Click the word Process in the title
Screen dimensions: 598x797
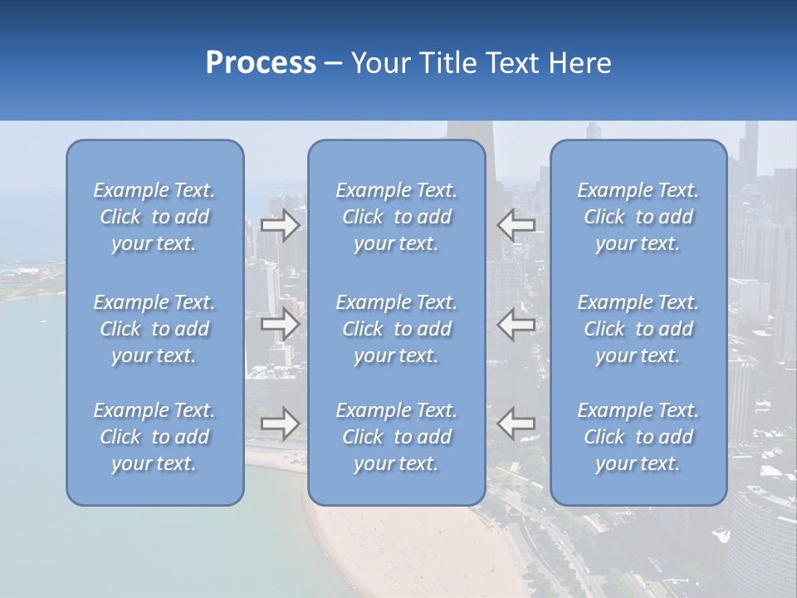pos(261,63)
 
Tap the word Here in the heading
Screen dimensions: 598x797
pos(580,63)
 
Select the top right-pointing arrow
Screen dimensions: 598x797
pos(281,225)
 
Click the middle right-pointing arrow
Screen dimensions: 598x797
pos(281,323)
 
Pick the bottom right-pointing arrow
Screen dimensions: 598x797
pos(281,423)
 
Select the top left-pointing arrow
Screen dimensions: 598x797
pos(516,224)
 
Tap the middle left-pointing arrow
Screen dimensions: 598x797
pos(516,323)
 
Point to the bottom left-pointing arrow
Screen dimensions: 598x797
pos(516,424)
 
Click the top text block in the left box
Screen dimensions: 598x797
pos(154,217)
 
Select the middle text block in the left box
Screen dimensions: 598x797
pos(154,329)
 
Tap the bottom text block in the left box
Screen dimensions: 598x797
pos(154,437)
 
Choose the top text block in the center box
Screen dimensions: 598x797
pos(397,217)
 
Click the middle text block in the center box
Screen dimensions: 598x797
pos(397,329)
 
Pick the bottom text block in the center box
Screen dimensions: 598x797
pos(397,437)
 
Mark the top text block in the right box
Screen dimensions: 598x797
pos(638,217)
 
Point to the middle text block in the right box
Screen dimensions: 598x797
pos(638,329)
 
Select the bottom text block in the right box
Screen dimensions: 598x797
pos(638,437)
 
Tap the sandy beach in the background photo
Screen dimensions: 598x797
pos(415,548)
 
